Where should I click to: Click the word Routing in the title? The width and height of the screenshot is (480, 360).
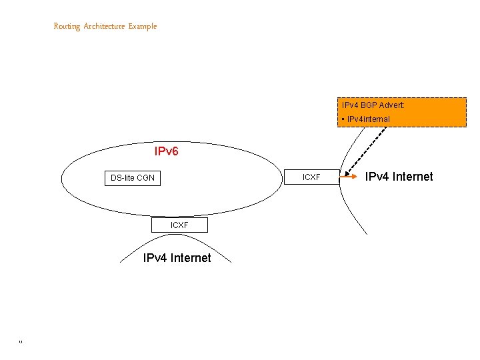tap(67, 27)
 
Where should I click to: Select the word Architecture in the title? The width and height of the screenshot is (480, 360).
tap(105, 27)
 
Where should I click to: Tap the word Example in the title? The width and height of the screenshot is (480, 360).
tap(143, 27)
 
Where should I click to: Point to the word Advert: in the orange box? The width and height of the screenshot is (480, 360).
tap(392, 105)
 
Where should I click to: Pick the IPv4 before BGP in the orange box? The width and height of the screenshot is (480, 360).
tap(350, 105)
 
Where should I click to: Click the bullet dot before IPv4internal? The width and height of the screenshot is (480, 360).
tap(342, 119)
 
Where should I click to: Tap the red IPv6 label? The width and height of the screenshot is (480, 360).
tap(166, 152)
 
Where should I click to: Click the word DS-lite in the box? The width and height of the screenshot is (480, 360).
tap(123, 178)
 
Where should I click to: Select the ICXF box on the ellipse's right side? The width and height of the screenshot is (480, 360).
tap(311, 177)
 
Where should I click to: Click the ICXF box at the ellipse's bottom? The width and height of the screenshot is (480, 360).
tap(179, 225)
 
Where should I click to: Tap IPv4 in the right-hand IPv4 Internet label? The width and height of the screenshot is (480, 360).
tap(376, 177)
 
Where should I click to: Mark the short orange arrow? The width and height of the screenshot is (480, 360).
tap(349, 177)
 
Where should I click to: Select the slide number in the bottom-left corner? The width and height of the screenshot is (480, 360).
tap(21, 343)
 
